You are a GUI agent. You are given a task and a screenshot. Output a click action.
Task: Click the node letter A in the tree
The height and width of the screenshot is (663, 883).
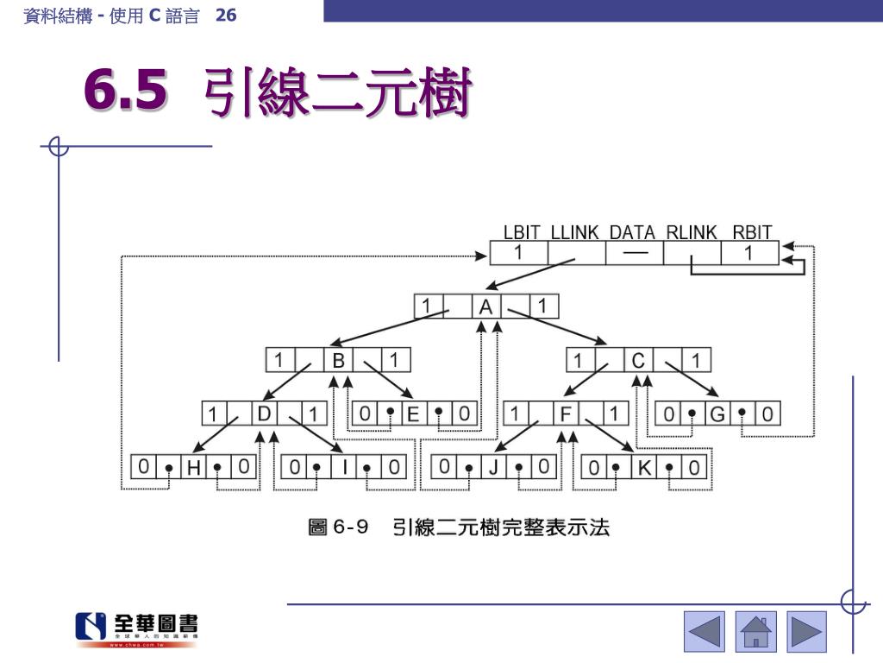tap(486, 306)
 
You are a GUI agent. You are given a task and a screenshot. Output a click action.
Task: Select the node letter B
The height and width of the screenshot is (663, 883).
tap(339, 360)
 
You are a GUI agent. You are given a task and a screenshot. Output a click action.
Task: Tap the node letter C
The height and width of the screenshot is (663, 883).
tap(638, 360)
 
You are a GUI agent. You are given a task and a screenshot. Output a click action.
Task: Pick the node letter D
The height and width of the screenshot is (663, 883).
tap(264, 414)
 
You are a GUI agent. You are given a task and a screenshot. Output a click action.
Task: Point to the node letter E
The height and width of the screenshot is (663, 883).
tap(413, 414)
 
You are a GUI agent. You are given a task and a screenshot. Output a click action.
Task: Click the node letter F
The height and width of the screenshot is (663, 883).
tap(566, 414)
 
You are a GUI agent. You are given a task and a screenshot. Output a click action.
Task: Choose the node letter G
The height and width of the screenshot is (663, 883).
tap(717, 414)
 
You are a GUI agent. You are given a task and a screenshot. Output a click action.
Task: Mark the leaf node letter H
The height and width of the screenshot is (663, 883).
tap(193, 468)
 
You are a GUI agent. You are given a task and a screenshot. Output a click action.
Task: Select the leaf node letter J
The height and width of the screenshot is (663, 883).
tap(493, 468)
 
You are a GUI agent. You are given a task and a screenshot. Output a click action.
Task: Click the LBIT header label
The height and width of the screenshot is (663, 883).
tap(522, 232)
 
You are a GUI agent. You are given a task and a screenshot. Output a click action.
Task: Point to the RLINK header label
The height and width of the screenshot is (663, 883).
tap(692, 232)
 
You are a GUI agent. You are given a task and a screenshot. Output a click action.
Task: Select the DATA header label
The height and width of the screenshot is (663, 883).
tap(632, 232)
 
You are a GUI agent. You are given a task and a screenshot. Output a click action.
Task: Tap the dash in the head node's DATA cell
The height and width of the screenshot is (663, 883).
tap(635, 253)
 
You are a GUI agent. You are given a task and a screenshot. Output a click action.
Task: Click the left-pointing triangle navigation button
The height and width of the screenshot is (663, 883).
tap(705, 631)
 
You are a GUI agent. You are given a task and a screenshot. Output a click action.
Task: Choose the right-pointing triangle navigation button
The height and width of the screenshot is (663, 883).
tap(807, 631)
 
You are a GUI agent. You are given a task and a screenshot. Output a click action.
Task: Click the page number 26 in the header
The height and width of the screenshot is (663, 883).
tap(226, 15)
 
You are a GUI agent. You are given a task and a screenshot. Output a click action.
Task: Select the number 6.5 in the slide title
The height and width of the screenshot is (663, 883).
tap(126, 92)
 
